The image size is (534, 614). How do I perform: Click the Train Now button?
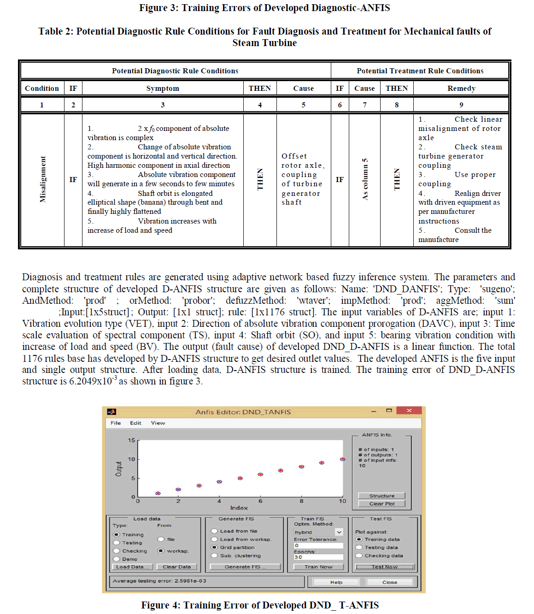click(318, 567)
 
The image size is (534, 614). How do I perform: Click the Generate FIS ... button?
click(245, 567)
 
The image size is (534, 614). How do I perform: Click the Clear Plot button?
click(381, 504)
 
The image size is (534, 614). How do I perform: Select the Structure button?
click(381, 496)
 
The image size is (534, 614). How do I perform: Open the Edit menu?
click(135, 423)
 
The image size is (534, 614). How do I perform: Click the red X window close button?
click(409, 410)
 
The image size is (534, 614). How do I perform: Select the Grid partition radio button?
click(214, 548)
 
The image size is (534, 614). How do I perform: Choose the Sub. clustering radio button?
click(214, 555)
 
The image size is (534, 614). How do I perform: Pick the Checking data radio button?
click(359, 555)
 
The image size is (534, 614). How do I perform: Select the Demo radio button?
click(117, 559)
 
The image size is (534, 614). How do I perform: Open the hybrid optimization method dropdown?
click(339, 532)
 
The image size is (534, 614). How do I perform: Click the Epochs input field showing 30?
click(318, 557)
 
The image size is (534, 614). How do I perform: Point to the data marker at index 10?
click(342, 459)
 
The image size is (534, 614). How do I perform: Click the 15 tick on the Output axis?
click(132, 440)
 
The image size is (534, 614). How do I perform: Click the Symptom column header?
click(163, 89)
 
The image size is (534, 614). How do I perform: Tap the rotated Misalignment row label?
click(43, 179)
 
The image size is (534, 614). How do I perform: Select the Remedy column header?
click(461, 89)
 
